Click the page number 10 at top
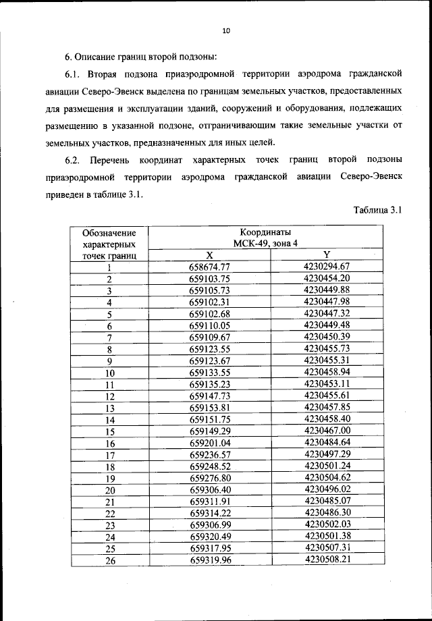[225, 30]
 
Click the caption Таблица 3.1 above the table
[377, 210]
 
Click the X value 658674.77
[210, 267]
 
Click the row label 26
[110, 560]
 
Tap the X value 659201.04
[210, 443]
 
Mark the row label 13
[110, 408]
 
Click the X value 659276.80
[210, 478]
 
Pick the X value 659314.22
[210, 513]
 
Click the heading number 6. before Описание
[68, 55]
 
